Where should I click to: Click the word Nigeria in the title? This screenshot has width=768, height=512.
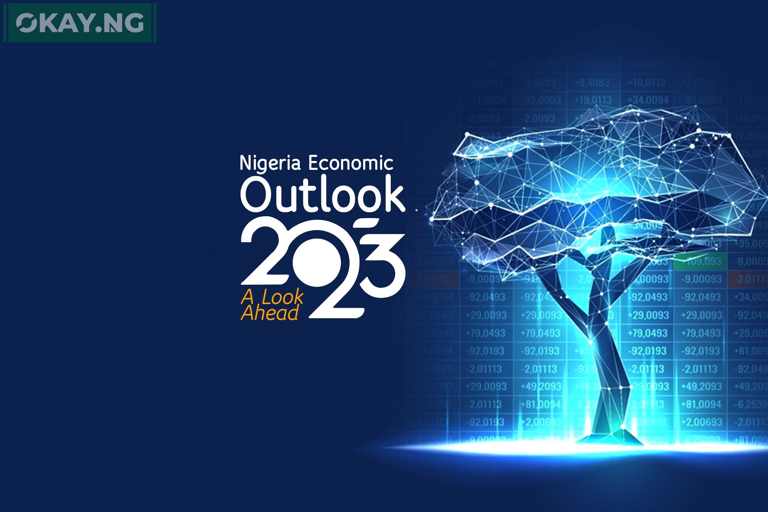[x=270, y=163]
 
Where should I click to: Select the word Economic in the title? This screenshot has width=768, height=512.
[x=351, y=163]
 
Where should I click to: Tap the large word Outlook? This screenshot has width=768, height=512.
[x=323, y=195]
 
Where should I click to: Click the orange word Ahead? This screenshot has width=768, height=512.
[x=270, y=312]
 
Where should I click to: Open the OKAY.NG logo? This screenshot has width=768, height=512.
[x=80, y=23]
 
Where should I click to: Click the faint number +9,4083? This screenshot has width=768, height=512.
[x=592, y=83]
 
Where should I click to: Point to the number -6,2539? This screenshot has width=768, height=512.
[x=750, y=405]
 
